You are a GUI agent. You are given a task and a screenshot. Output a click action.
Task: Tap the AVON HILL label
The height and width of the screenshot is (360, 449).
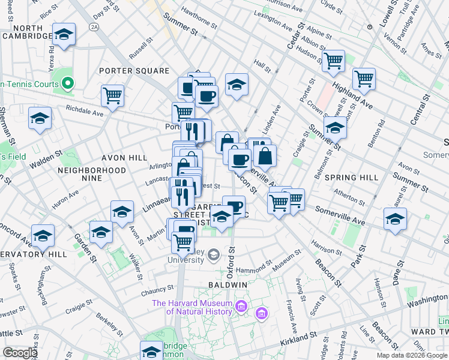130,158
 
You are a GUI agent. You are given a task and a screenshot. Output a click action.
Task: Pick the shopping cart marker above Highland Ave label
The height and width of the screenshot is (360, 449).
364,78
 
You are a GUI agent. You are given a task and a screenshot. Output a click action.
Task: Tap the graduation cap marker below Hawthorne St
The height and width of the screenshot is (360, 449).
237,85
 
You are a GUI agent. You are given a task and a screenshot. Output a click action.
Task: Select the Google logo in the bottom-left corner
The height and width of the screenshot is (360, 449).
19,353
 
